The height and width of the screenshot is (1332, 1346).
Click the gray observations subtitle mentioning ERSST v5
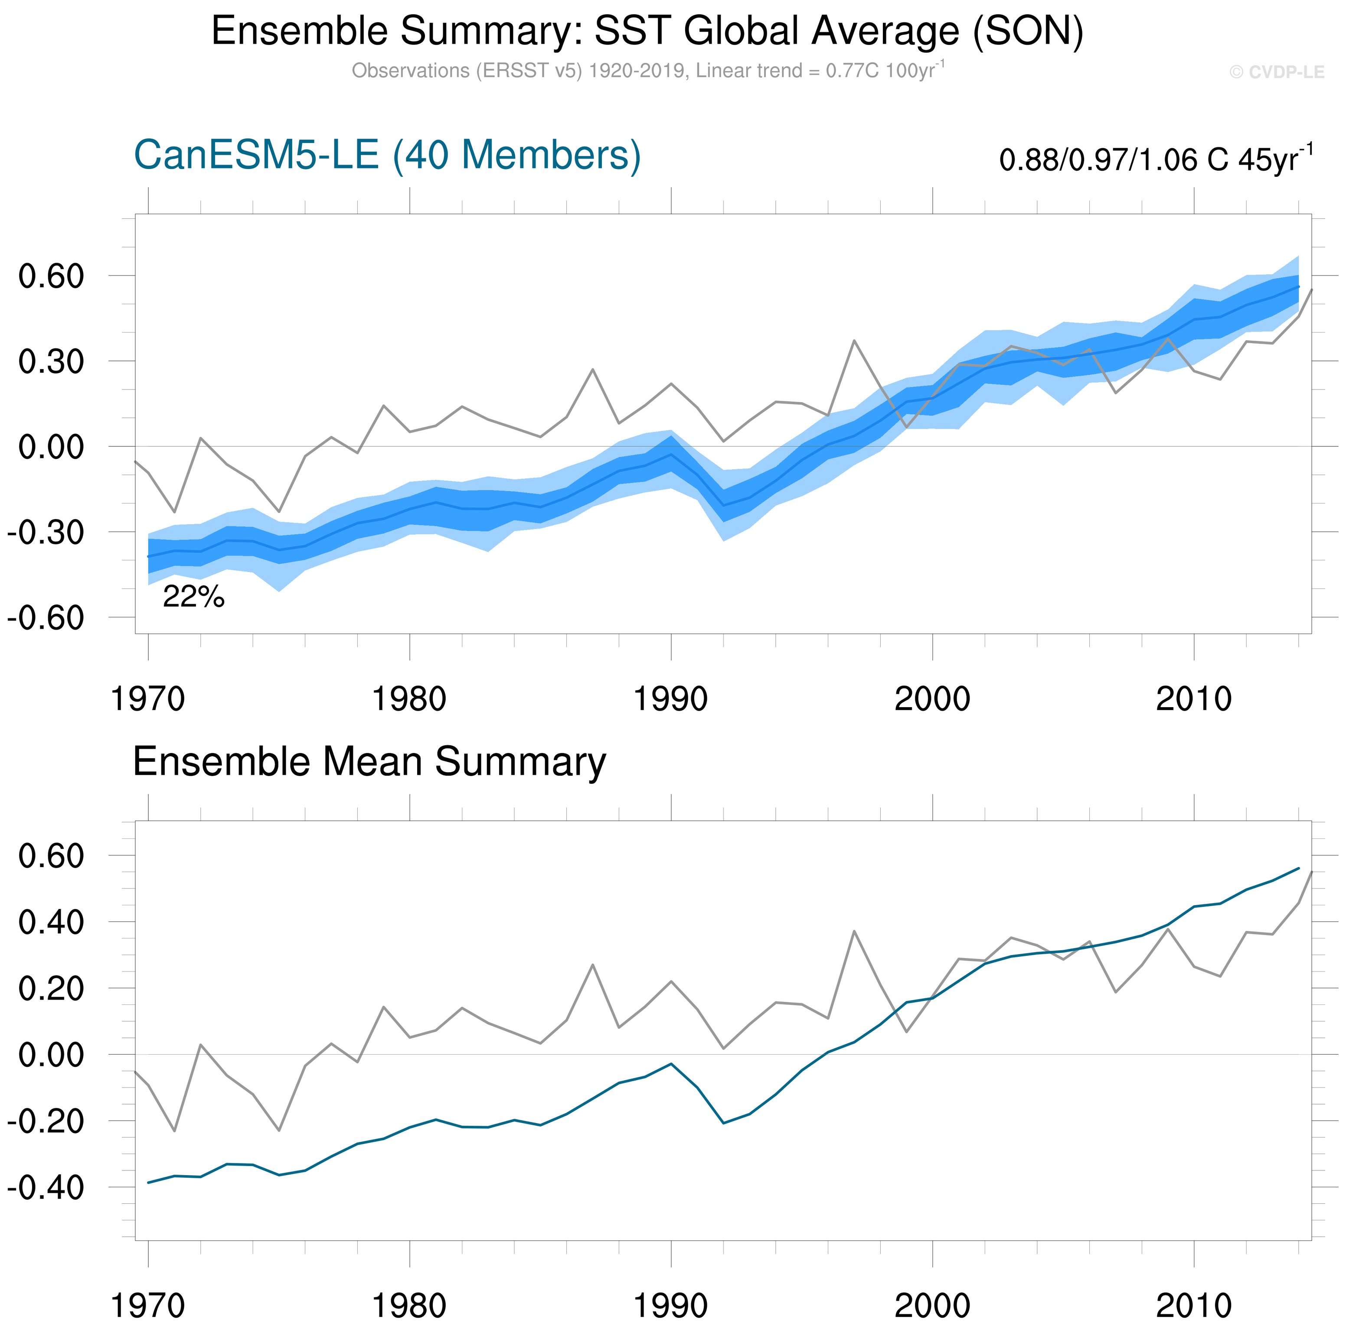647,71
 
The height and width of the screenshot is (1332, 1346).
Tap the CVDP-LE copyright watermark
1276,72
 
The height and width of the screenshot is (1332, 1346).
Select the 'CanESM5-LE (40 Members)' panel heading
387,155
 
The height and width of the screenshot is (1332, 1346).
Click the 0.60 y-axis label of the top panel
51,276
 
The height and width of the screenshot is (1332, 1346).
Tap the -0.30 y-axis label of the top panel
46,533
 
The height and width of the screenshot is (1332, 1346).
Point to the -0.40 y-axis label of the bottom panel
46,1187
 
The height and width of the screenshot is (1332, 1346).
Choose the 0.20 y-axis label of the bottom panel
51,989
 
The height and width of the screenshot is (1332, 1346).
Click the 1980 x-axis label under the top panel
409,699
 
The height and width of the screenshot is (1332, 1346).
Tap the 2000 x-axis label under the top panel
932,699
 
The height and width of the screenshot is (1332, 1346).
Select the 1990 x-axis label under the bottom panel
670,1306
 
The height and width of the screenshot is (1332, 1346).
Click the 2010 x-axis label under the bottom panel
1193,1306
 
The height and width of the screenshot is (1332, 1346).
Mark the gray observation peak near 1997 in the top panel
854,341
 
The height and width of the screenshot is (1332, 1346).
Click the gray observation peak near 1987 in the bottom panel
592,965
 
